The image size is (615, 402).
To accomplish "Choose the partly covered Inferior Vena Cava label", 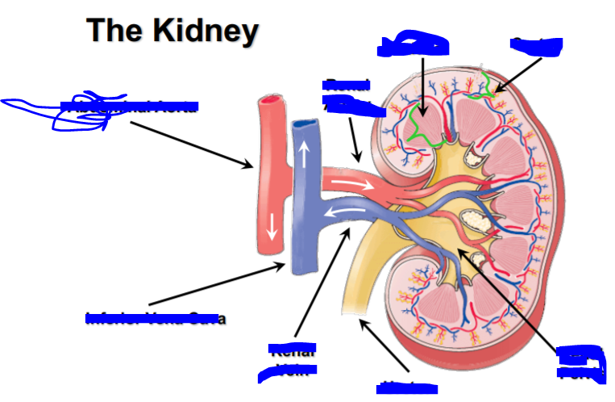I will coord(156,317).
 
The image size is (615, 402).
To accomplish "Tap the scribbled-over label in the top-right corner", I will coord(536,46).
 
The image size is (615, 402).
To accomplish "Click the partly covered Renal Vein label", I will coord(288,361).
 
